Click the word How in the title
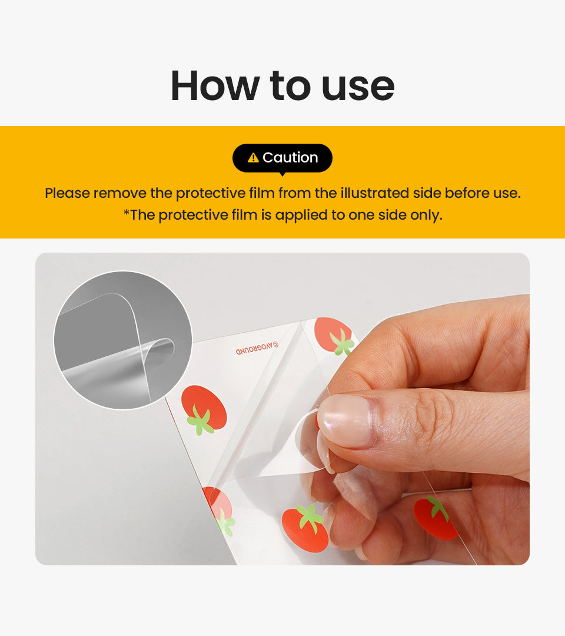[215, 85]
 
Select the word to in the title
[290, 85]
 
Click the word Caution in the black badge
[290, 157]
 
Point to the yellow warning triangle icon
[253, 157]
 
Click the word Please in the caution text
[67, 193]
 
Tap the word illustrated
[374, 193]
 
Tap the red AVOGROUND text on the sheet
[257, 348]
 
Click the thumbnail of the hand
[347, 420]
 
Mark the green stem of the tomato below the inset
[200, 421]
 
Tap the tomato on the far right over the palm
[435, 519]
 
